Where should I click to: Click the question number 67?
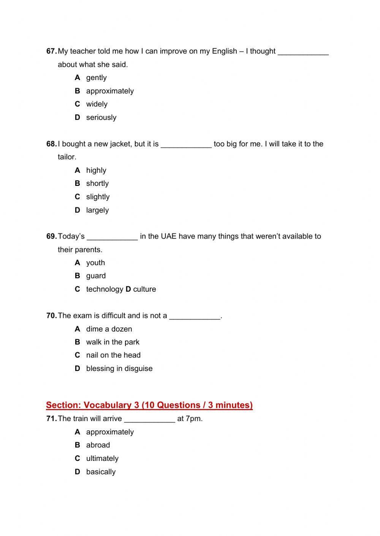coord(51,51)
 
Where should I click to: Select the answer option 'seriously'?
coord(101,118)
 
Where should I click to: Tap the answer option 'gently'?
coord(96,78)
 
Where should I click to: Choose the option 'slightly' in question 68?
coord(98,197)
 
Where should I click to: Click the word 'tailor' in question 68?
coord(66,157)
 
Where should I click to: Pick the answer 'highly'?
coord(96,170)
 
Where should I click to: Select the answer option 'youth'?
coord(95,263)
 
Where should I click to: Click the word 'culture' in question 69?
coord(144,289)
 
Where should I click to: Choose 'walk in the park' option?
coord(112,342)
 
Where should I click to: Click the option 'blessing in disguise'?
coord(119,369)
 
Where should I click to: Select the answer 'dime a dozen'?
coord(109,329)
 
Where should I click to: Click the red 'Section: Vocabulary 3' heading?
coord(149,405)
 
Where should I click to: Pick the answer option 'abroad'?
coord(98,445)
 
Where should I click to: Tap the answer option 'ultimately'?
coord(102,459)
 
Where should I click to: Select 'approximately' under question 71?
coord(110,432)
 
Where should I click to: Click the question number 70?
coord(51,316)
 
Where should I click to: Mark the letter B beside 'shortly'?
coord(78,184)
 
